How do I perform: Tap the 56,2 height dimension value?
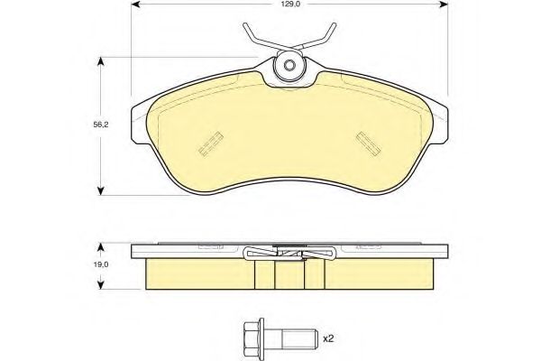tap(101, 125)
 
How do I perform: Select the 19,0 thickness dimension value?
tap(101, 264)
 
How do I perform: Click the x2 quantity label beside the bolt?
tap(328, 339)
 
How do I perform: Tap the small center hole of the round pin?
tap(289, 65)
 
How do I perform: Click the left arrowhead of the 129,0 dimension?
tap(135, 5)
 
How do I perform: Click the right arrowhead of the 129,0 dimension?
tap(444, 5)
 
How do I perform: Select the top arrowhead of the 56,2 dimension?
tap(100, 61)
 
